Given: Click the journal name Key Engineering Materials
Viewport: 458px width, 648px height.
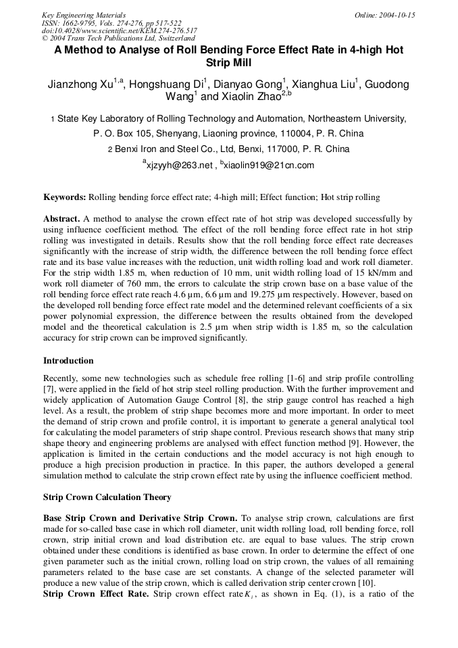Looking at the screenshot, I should click(x=83, y=14).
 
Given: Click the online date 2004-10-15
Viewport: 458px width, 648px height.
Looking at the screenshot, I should click(x=395, y=14).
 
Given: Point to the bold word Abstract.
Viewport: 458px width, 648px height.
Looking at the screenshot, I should click(x=61, y=219).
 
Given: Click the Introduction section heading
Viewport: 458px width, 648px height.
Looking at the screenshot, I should click(x=68, y=360).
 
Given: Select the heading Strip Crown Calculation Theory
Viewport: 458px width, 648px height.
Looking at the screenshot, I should click(x=107, y=497).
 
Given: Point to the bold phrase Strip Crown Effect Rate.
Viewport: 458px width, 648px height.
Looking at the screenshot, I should click(x=95, y=595).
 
